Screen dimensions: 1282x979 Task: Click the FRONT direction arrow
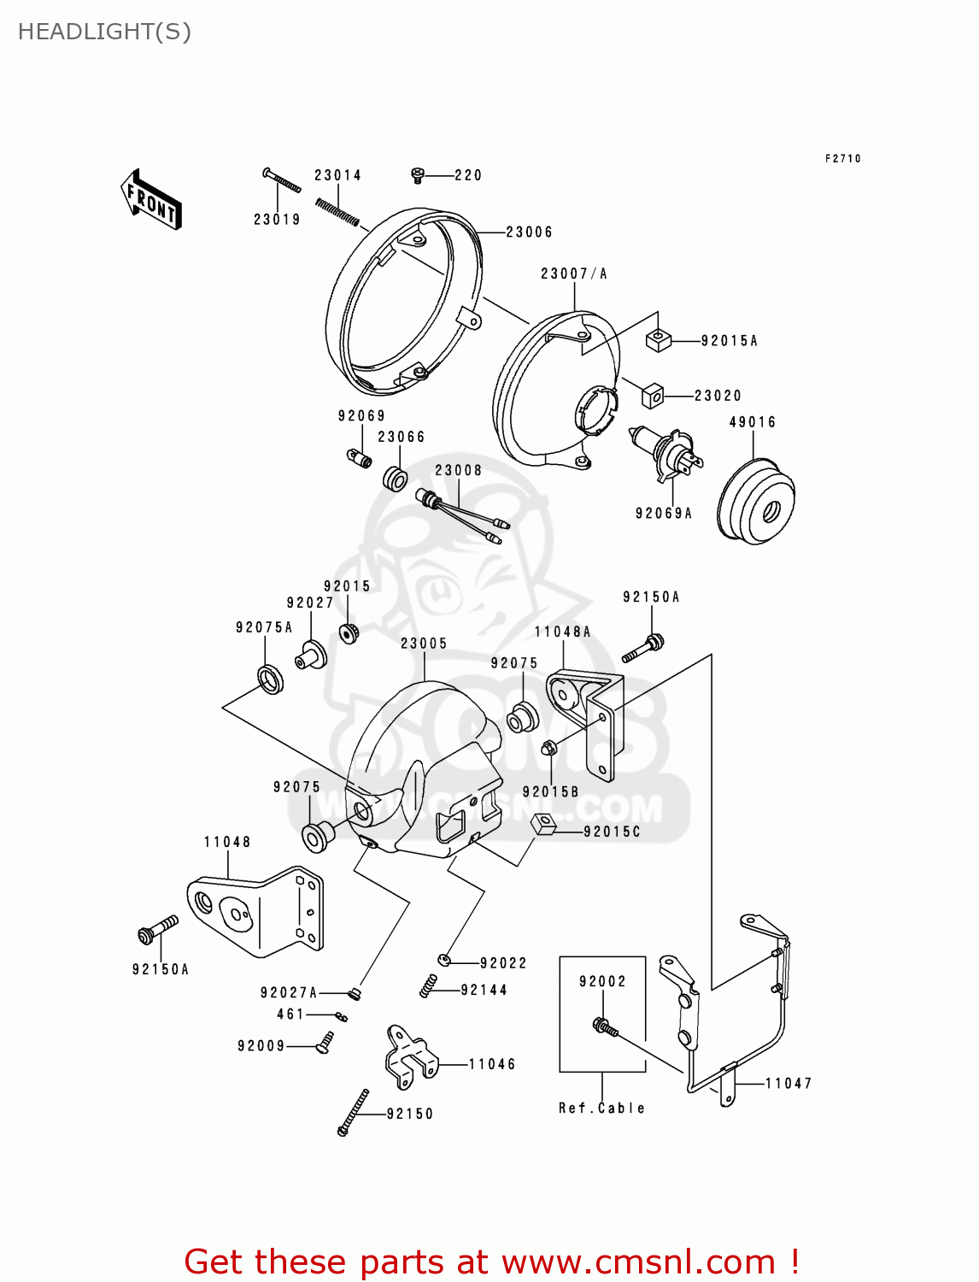coord(152,200)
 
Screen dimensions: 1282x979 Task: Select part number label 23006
coord(529,232)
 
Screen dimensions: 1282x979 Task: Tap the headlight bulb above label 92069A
coord(664,452)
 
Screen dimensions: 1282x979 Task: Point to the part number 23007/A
coord(574,273)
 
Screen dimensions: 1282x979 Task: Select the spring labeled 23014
coord(337,210)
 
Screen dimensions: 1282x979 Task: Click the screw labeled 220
coord(418,174)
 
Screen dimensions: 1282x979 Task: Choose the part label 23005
coord(424,644)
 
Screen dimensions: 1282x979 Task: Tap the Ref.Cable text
coord(601,1109)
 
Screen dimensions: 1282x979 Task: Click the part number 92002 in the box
coord(602,981)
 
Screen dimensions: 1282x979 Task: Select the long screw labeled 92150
coord(353,1112)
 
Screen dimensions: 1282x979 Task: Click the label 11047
coord(788,1084)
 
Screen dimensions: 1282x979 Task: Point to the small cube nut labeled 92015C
coord(544,826)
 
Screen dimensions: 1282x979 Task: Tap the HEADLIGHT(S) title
coord(104,32)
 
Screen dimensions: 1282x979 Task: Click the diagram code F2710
coord(842,158)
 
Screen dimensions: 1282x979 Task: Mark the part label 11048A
coord(562,632)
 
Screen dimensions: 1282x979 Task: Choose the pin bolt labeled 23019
coord(281,180)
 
